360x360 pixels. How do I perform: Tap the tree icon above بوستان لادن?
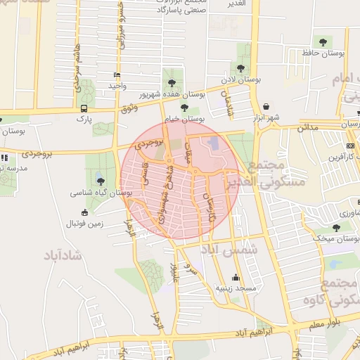[x=241, y=69]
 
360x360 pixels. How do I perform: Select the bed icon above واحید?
[x=116, y=75]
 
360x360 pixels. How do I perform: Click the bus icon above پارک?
[x=84, y=108]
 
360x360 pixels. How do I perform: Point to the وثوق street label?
[x=129, y=108]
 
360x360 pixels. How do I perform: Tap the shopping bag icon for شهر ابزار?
[x=266, y=107]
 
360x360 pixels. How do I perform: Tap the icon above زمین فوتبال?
[x=85, y=213]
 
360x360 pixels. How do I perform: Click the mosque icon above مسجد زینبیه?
[x=235, y=277]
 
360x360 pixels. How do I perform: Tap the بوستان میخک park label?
[x=336, y=239]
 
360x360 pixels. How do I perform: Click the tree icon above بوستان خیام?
[x=184, y=108]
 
